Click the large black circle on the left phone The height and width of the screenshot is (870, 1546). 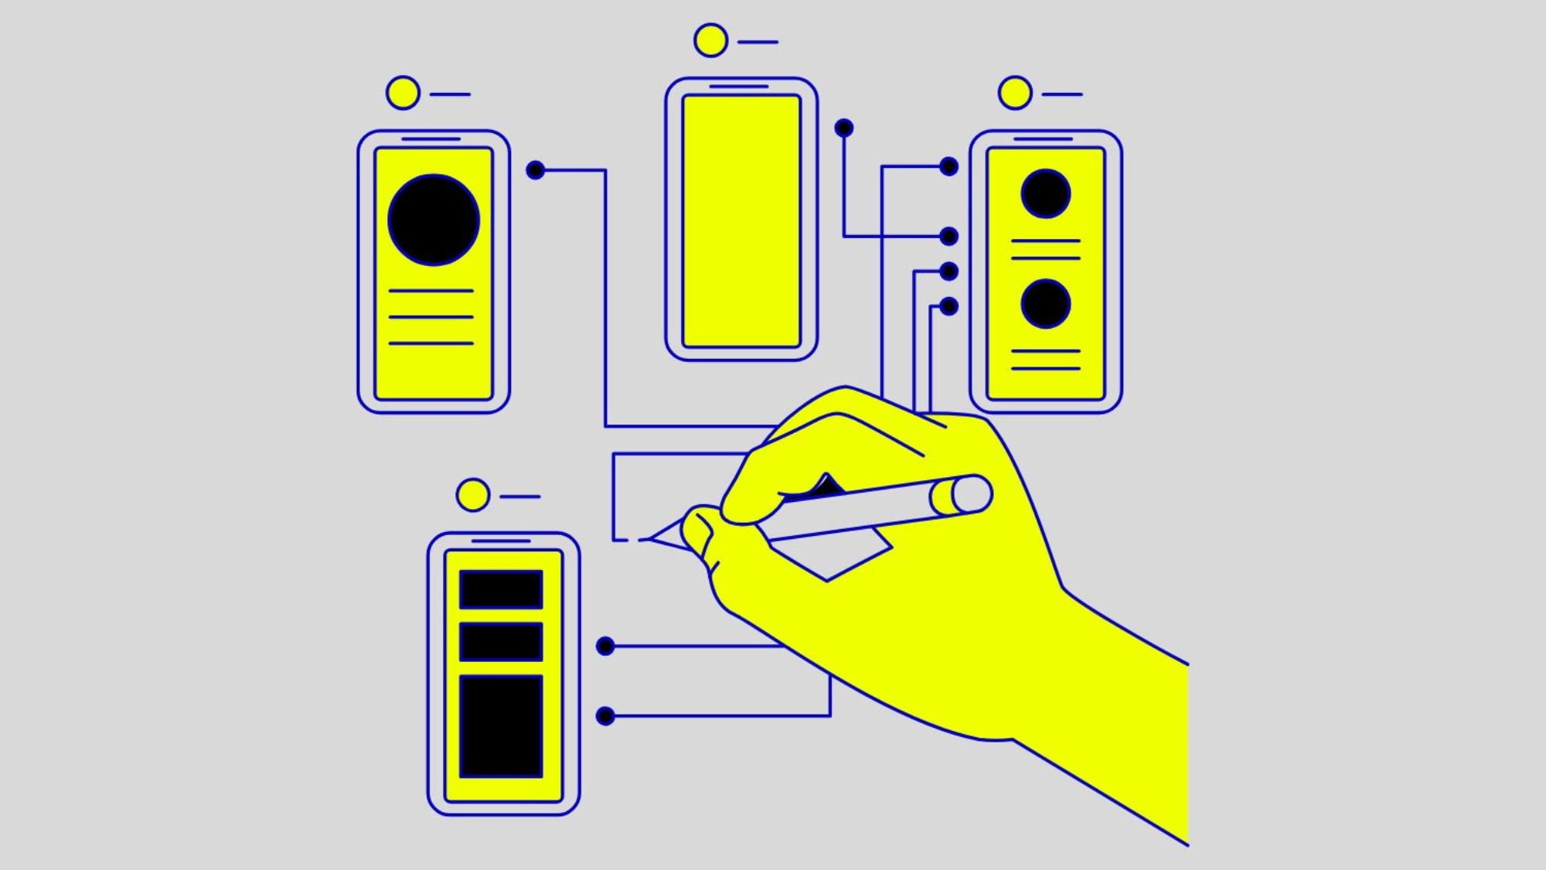click(434, 220)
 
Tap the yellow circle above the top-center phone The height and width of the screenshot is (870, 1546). click(710, 40)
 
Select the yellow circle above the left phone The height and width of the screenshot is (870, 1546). click(403, 93)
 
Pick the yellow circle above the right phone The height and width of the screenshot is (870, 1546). click(1015, 93)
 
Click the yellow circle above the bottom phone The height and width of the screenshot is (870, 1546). click(472, 495)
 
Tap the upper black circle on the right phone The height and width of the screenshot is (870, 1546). click(1045, 193)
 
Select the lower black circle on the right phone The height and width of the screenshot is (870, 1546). click(1045, 304)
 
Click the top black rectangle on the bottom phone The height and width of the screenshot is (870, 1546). click(501, 589)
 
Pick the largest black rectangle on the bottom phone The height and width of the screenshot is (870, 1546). click(501, 725)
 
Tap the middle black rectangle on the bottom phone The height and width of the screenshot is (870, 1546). click(501, 641)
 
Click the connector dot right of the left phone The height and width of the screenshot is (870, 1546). click(535, 170)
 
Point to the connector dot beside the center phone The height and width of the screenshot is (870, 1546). click(844, 128)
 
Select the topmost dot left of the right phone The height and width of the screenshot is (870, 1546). click(949, 166)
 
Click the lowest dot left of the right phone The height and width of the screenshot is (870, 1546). click(949, 306)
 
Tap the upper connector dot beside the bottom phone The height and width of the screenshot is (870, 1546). click(605, 646)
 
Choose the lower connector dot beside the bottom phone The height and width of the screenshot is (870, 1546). click(605, 716)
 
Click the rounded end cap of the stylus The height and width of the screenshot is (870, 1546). click(971, 494)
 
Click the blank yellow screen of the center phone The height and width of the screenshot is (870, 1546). click(741, 220)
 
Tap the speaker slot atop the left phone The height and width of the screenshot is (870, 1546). click(431, 139)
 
